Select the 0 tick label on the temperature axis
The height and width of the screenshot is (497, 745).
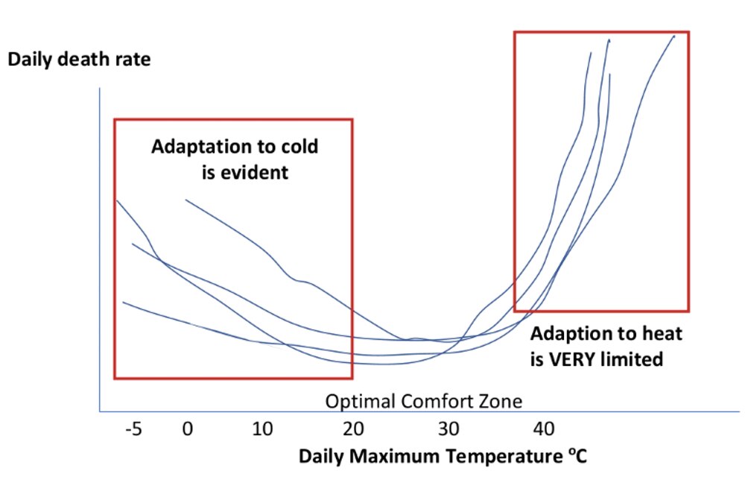click(x=188, y=430)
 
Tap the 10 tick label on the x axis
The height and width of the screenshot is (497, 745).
click(x=264, y=430)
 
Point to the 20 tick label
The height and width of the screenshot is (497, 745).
click(x=353, y=430)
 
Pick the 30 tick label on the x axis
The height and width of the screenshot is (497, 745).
click(x=449, y=430)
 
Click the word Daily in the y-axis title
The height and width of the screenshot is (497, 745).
click(x=30, y=60)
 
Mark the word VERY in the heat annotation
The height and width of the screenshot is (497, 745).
click(x=574, y=359)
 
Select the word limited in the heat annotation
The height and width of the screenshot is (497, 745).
click(x=633, y=359)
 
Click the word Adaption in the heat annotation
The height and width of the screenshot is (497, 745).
click(x=568, y=333)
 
